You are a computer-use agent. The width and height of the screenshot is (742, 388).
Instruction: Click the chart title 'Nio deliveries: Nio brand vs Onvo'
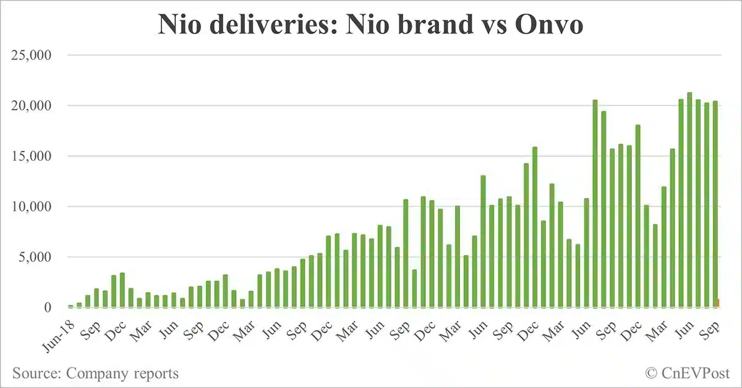[x=370, y=25]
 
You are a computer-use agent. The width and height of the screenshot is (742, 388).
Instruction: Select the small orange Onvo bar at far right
[x=719, y=303]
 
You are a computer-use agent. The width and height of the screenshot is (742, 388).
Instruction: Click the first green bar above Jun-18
[x=70, y=306]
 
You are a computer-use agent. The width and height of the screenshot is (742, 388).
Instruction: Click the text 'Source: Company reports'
[x=95, y=373]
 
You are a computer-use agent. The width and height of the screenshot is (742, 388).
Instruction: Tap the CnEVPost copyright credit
[x=687, y=373]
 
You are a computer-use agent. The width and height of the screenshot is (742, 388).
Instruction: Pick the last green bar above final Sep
[x=715, y=204]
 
